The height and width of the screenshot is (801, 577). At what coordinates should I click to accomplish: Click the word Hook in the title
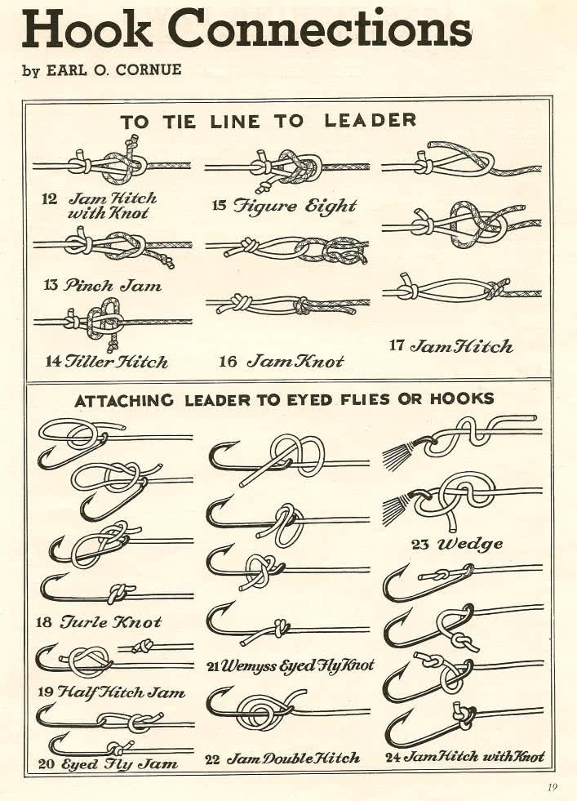coord(87,29)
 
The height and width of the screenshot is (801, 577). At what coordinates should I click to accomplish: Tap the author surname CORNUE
coord(149,69)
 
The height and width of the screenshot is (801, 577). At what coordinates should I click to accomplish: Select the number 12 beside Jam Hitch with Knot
coord(49,198)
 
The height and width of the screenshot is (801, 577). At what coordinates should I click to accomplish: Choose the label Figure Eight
coord(295,206)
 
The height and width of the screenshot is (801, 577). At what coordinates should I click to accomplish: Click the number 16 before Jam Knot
coord(227,362)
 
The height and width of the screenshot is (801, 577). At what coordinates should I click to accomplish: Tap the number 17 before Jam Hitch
coord(397,345)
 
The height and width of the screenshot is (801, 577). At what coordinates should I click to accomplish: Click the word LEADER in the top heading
coord(371,120)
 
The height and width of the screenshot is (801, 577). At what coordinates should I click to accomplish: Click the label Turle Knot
coord(110,621)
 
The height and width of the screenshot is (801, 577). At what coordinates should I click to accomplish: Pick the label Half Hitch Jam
coord(121,692)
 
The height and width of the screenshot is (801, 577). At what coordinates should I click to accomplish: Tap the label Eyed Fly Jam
coord(119,763)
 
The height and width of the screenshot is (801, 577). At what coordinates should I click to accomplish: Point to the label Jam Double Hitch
coord(293,758)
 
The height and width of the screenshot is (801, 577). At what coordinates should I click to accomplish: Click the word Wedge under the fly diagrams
coord(470,544)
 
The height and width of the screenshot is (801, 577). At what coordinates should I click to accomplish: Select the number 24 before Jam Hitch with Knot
coord(393,757)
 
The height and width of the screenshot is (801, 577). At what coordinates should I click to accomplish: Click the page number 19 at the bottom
coord(552,787)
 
